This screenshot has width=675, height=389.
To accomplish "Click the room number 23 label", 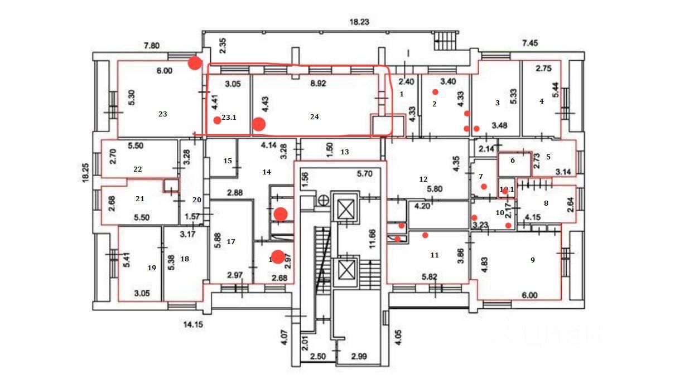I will [162, 114].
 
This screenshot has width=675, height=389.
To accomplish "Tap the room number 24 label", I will [314, 117].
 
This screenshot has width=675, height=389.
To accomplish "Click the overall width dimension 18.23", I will [359, 22].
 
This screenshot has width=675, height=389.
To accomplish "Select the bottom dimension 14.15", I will [194, 323].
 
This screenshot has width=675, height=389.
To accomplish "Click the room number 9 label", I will [532, 259].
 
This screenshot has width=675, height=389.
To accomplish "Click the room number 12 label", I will [423, 179].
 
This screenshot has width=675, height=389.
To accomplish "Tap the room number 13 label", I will [344, 152].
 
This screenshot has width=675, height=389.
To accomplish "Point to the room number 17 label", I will [231, 242].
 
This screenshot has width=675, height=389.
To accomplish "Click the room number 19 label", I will [151, 268].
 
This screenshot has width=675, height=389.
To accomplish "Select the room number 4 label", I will [541, 101].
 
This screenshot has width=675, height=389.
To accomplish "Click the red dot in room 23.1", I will [217, 120].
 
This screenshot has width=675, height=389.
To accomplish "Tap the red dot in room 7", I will [484, 187].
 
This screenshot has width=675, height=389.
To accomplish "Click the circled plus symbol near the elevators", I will [322, 200].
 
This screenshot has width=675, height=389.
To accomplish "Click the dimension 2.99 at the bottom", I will [358, 357].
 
